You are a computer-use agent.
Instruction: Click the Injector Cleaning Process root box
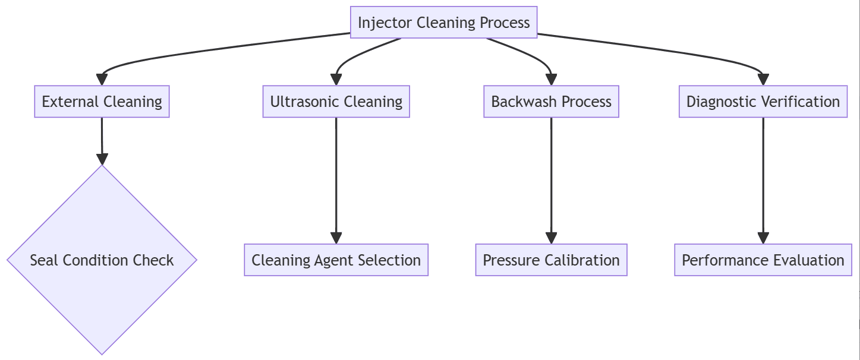443,23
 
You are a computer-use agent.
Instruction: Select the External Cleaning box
102,102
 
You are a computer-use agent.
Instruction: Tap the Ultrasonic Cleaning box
336,102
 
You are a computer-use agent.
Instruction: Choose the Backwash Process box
551,102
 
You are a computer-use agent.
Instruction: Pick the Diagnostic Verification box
763,102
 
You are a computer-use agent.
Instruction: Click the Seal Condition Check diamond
102,260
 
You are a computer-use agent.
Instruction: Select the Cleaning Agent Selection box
336,260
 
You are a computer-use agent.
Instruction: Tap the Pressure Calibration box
551,260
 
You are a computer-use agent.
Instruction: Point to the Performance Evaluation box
763,260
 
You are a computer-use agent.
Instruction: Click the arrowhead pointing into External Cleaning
102,80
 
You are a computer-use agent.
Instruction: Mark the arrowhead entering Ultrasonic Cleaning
336,80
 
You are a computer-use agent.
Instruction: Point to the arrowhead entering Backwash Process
552,80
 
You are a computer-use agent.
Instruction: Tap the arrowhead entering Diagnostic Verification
763,80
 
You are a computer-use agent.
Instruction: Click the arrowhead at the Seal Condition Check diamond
102,159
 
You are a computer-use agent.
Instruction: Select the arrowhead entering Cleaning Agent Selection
336,238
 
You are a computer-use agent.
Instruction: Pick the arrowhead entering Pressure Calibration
552,238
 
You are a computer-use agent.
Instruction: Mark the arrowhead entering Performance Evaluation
763,238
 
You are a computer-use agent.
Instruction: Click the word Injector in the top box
385,23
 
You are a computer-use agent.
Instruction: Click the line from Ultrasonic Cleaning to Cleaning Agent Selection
336,178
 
